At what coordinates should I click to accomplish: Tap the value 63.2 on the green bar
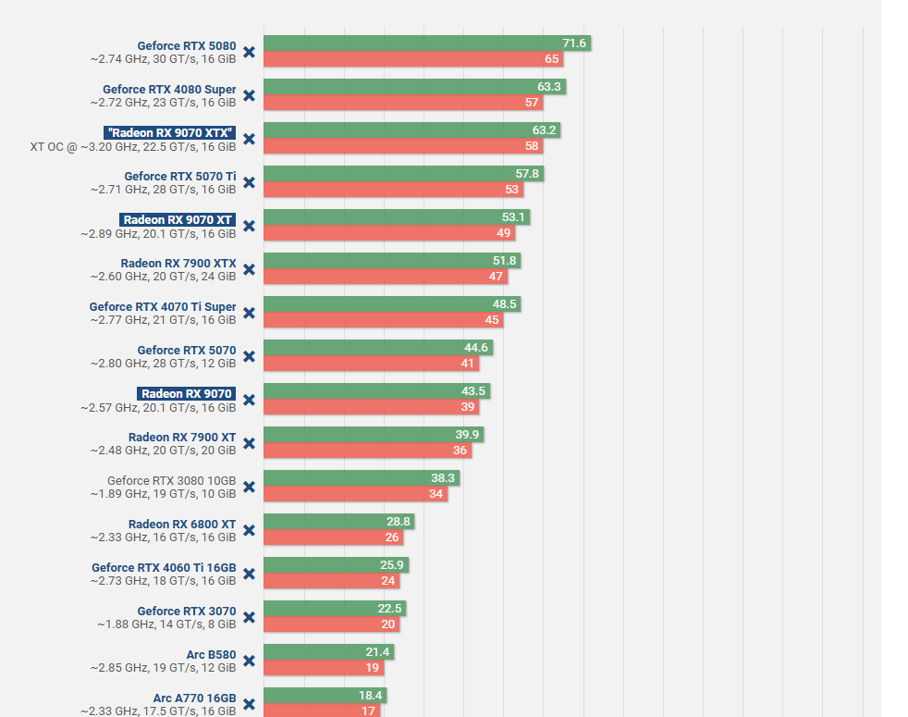point(545,130)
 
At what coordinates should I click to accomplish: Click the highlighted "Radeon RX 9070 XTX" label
point(170,133)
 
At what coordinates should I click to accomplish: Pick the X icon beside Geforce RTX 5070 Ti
point(249,182)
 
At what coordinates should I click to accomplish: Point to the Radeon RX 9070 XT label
point(178,220)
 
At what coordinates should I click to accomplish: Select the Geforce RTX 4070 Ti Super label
point(163,306)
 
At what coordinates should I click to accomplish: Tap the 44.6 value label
point(476,348)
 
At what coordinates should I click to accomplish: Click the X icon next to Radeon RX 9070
point(249,400)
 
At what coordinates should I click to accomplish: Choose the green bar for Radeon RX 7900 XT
point(373,435)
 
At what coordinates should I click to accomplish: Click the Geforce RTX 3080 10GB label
point(171,480)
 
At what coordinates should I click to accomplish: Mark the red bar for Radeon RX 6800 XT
point(334,538)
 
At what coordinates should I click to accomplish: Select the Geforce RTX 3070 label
point(187,611)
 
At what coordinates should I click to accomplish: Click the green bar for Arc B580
point(328,652)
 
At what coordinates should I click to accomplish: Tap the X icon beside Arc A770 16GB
point(249,704)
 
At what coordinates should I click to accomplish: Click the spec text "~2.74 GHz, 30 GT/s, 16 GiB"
point(163,59)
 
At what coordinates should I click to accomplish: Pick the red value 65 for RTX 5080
point(552,59)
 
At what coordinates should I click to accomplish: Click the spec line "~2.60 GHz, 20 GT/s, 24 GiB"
point(163,277)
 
